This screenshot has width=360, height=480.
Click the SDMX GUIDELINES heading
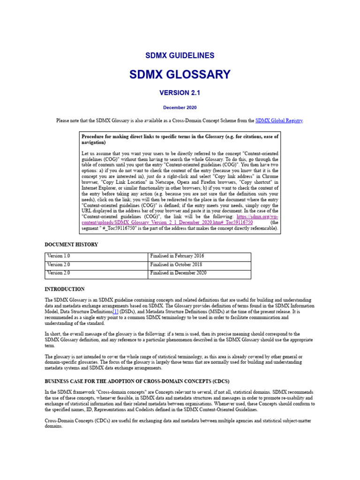click(x=180, y=55)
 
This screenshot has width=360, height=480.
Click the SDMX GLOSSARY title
click(x=180, y=75)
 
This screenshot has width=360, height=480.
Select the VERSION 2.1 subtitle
click(x=180, y=93)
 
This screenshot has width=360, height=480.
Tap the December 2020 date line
click(x=180, y=107)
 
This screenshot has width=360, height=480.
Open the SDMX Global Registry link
click(x=279, y=121)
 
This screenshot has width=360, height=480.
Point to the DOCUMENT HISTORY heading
click(x=71, y=245)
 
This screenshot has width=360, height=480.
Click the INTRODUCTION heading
click(x=65, y=289)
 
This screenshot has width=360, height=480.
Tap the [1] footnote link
click(x=115, y=312)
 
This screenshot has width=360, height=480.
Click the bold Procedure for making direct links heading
click(x=180, y=139)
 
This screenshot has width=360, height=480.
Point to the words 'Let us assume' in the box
click(x=96, y=153)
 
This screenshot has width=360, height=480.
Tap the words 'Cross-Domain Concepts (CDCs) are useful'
click(x=94, y=421)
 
